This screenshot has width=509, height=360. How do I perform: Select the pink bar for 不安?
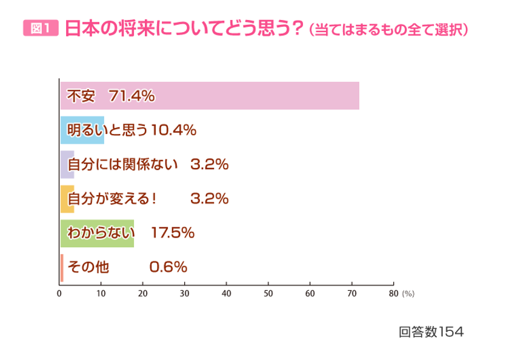tap(242, 96)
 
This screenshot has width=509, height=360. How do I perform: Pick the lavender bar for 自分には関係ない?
tap(67, 164)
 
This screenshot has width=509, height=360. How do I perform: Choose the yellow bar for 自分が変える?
tap(67, 199)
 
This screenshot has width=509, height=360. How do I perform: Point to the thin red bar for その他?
tap(62, 267)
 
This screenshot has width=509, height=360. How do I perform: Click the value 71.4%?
tap(131, 96)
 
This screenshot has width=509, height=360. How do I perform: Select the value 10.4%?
tap(173, 130)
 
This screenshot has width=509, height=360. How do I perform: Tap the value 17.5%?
tap(172, 233)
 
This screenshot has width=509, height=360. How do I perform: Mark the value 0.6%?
tap(168, 267)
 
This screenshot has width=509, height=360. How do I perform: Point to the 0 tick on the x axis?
tap(59, 293)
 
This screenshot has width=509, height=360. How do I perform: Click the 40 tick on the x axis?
tap(227, 293)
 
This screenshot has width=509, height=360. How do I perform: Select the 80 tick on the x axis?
tap(393, 293)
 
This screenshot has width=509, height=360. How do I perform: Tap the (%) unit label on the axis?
tap(408, 294)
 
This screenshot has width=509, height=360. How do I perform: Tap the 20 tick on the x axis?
tap(143, 293)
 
